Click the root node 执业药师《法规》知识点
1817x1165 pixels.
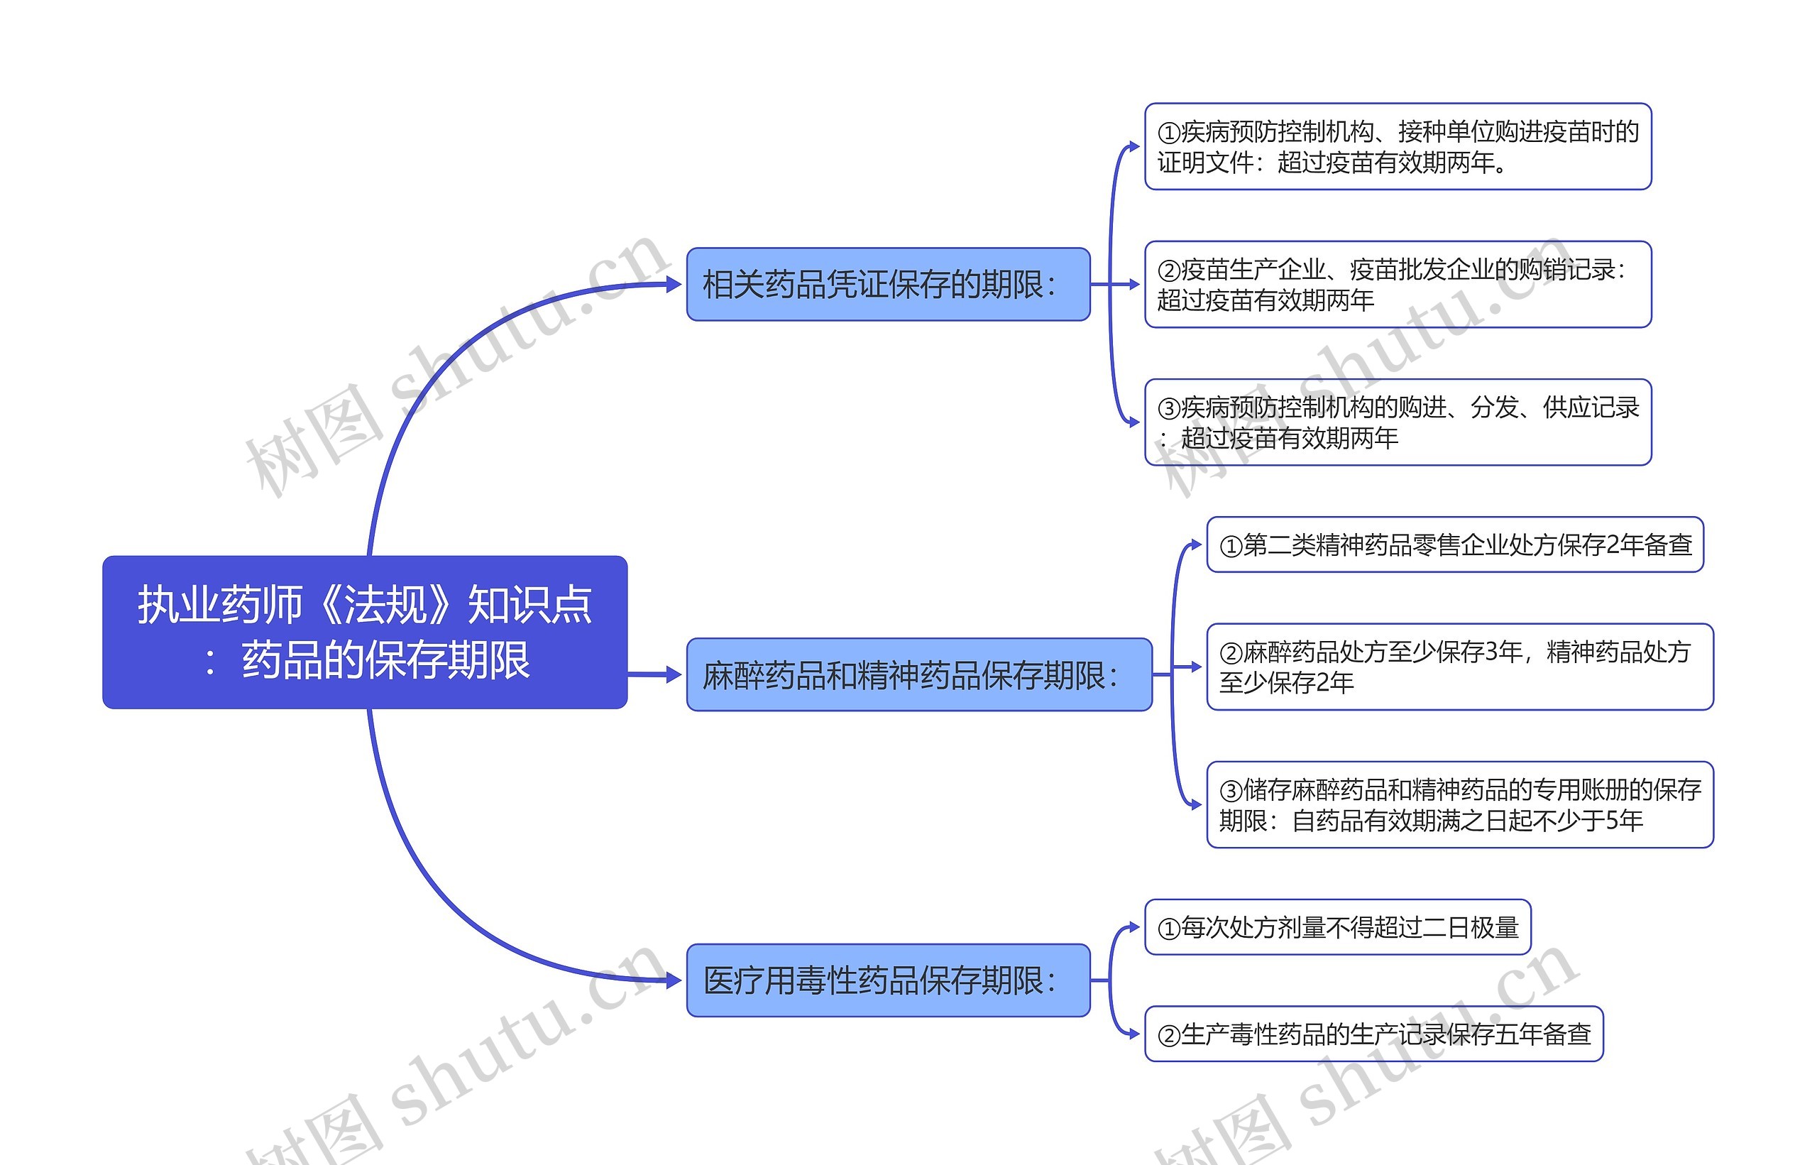click(x=364, y=632)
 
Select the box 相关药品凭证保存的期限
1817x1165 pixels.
click(x=888, y=285)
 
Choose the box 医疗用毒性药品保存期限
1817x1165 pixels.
click(x=888, y=980)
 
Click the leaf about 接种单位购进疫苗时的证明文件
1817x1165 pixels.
click(x=1398, y=147)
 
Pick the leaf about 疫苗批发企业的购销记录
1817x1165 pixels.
click(x=1398, y=285)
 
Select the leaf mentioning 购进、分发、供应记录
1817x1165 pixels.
click(x=1398, y=422)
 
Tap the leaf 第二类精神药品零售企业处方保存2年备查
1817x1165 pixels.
click(x=1455, y=545)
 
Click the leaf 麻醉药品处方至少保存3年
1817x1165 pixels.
click(x=1459, y=667)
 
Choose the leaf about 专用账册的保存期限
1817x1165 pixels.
click(x=1459, y=805)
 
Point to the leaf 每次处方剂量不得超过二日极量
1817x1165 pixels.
click(x=1338, y=927)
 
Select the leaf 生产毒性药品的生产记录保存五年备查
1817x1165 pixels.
click(x=1374, y=1034)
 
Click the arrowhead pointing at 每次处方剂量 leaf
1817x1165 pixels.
click(x=1134, y=927)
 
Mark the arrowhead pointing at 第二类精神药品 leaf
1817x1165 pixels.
click(x=1196, y=545)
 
